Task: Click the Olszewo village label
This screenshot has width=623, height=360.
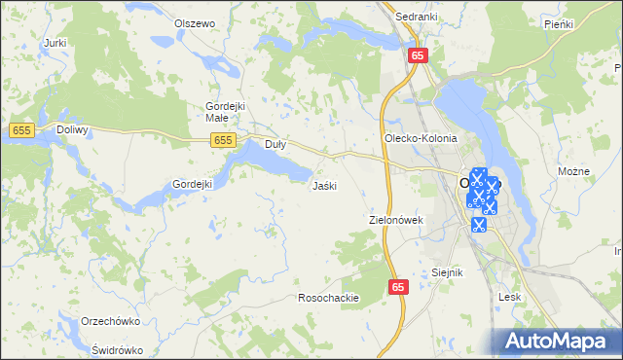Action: point(193,22)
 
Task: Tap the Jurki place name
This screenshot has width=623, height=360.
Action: point(55,43)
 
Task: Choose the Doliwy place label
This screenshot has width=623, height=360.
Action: point(73,129)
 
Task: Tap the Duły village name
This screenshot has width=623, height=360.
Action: point(275,144)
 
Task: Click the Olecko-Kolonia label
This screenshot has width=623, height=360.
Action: point(421,138)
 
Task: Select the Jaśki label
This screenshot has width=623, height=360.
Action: point(324,185)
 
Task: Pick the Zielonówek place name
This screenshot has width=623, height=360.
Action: point(396,220)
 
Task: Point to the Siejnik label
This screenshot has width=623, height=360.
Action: point(446,273)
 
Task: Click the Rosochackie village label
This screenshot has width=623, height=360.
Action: point(329,298)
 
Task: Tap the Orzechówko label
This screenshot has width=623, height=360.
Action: point(113,321)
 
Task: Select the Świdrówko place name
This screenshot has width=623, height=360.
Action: point(117,350)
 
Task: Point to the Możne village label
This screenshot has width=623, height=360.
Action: point(574,171)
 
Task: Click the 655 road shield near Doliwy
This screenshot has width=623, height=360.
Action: point(22,129)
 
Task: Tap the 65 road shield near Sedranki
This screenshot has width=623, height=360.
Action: point(417,55)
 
